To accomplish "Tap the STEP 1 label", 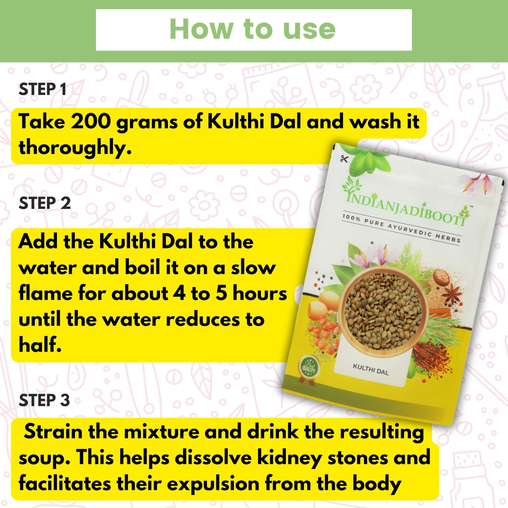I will tap(42, 89).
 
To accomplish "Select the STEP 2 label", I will tap(45, 203).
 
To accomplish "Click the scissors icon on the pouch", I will tap(344, 159).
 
